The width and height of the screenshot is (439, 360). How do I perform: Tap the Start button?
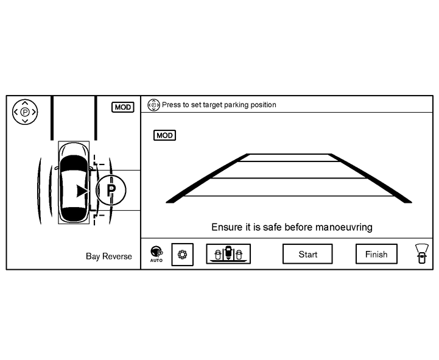tap(307, 255)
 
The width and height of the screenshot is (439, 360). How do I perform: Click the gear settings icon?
tap(181, 255)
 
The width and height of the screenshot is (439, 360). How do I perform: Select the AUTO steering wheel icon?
tap(156, 253)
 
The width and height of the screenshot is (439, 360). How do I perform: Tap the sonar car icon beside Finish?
tap(420, 253)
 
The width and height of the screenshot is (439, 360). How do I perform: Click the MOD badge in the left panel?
tap(123, 107)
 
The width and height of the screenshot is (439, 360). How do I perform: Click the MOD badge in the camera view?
tap(164, 135)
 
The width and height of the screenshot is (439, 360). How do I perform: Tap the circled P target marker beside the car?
tap(111, 190)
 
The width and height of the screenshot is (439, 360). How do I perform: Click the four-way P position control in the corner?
tap(24, 112)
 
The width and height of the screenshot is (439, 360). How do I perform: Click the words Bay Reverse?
tap(109, 256)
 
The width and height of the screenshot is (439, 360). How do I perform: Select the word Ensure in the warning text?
tap(226, 227)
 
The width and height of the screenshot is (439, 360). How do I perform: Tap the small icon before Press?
tap(153, 105)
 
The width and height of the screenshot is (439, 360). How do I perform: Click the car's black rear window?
tap(74, 214)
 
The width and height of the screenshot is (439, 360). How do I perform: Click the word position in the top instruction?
tap(262, 105)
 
